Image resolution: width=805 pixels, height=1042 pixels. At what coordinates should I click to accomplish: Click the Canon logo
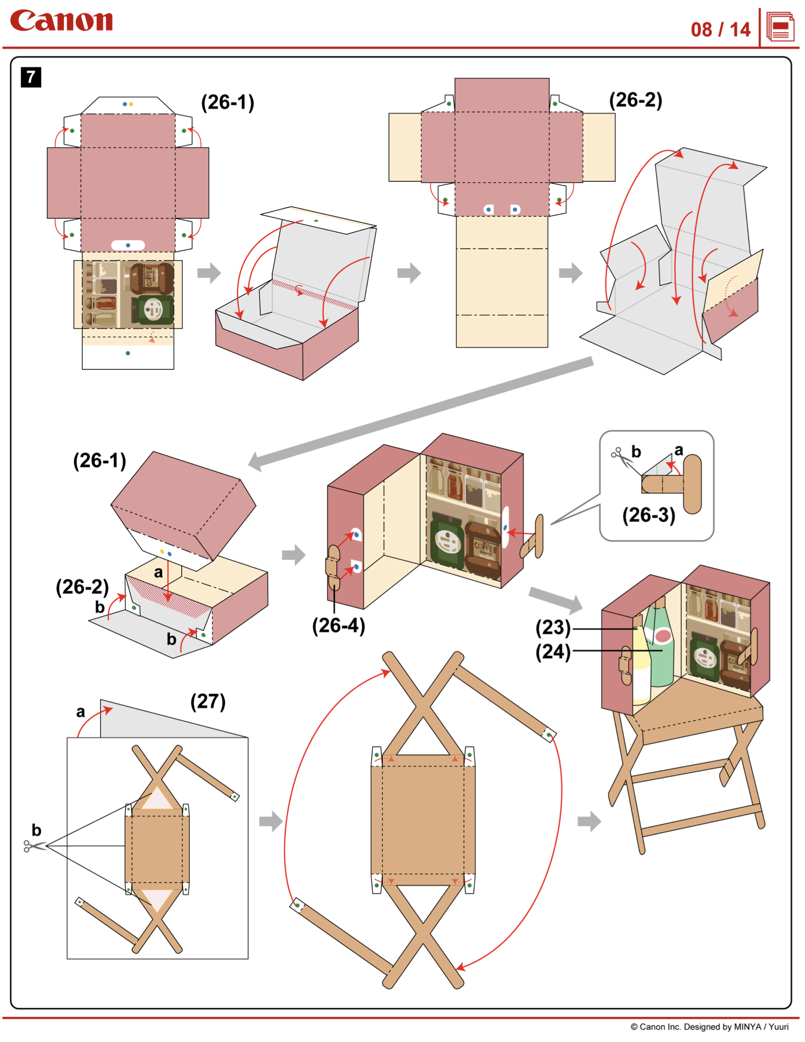[x=61, y=21]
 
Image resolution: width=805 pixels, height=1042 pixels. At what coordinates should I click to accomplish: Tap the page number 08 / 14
[x=720, y=30]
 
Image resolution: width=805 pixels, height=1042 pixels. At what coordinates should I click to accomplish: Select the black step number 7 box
[x=31, y=77]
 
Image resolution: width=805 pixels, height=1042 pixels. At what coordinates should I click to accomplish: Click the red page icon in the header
[x=780, y=27]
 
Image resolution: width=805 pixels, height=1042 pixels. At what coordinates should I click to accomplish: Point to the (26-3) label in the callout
[x=648, y=515]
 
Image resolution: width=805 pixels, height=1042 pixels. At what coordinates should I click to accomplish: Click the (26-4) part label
[x=339, y=625]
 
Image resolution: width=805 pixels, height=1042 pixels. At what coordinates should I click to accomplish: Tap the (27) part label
[x=208, y=701]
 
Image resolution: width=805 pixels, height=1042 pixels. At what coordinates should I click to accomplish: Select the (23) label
[x=553, y=627]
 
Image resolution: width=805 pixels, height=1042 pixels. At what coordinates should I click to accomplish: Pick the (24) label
[x=553, y=652]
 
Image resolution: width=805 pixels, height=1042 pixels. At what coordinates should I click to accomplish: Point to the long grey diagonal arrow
[x=421, y=412]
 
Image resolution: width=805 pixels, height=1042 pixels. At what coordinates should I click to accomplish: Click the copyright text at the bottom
[x=709, y=1027]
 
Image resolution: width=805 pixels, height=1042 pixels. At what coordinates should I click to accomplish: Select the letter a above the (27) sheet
[x=80, y=712]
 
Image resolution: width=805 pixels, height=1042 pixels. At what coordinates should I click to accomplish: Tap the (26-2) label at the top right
[x=635, y=100]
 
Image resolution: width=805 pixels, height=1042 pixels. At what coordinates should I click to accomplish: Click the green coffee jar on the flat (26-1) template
[x=152, y=309]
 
